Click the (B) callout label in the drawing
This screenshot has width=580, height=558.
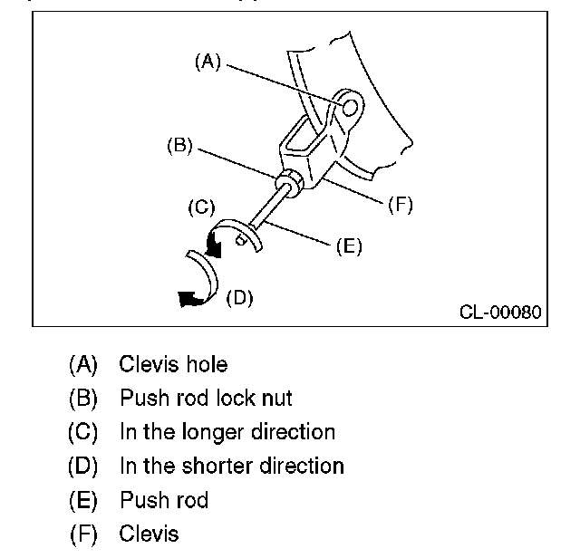click(179, 144)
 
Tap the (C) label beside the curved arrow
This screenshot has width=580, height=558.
click(199, 207)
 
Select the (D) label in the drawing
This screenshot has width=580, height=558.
click(238, 296)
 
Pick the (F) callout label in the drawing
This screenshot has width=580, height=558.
click(400, 205)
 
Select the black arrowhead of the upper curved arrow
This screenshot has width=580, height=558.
click(216, 242)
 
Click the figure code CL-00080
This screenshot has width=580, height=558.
click(500, 313)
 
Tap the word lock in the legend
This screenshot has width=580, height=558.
click(235, 398)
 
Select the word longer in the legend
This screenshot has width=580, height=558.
click(211, 432)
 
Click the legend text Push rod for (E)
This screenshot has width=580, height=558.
click(163, 500)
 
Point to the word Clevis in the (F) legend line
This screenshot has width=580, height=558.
click(149, 534)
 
